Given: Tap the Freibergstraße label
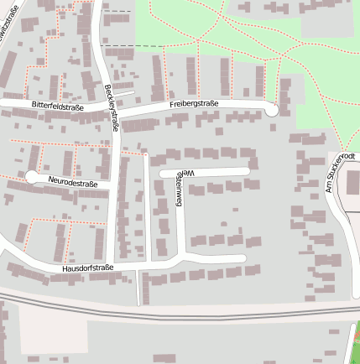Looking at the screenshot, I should pos(193,105).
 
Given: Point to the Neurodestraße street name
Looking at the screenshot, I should pos(73,182).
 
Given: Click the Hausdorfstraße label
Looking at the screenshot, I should pos(87,268).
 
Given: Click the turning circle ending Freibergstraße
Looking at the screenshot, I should pos(271,109).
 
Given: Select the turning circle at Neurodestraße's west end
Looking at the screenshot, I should pos(32,177).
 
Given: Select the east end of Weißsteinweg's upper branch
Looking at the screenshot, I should pos(247,171).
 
